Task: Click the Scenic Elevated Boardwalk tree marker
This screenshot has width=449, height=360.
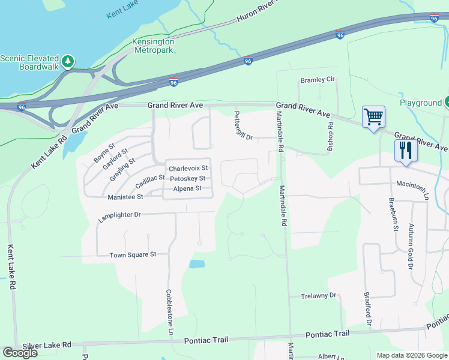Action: (x=68, y=61)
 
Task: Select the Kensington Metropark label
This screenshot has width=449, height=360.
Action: (x=153, y=46)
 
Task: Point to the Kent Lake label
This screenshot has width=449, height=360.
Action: (x=122, y=11)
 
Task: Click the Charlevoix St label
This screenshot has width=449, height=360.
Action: (x=188, y=169)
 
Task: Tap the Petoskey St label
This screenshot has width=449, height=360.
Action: (x=188, y=179)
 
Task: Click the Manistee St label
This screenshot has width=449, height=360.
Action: (x=125, y=197)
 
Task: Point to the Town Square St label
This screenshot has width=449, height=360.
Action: (x=133, y=255)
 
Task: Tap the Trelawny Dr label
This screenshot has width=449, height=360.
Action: (x=319, y=296)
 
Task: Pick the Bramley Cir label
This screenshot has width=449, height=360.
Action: (x=317, y=80)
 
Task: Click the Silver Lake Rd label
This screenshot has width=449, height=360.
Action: (x=47, y=346)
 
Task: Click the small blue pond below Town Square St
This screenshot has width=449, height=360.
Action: (x=196, y=264)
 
